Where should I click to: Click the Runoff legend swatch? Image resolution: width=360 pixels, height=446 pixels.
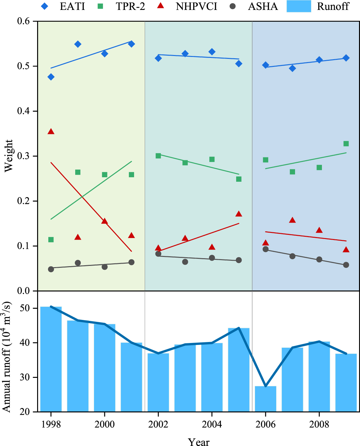click(x=299, y=6)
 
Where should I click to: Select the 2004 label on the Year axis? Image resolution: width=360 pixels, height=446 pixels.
click(x=212, y=424)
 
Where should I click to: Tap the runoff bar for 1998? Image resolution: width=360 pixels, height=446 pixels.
click(x=51, y=358)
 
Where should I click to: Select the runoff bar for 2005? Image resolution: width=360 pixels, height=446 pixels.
click(x=239, y=370)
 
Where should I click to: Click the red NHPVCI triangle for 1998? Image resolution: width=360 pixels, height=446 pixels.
click(x=51, y=131)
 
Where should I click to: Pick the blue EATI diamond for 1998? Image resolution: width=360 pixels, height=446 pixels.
click(x=51, y=77)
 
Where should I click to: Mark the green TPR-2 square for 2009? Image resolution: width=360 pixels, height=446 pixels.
click(x=346, y=144)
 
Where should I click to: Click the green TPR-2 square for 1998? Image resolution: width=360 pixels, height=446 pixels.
click(x=51, y=240)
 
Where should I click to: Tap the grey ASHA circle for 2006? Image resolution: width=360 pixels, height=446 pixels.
click(x=265, y=249)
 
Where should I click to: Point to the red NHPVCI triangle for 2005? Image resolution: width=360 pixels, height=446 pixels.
click(x=239, y=214)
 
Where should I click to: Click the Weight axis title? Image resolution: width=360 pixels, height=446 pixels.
click(x=9, y=156)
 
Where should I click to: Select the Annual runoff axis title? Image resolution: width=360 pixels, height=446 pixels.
click(x=7, y=356)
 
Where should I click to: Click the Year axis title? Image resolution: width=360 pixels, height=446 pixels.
click(x=198, y=442)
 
